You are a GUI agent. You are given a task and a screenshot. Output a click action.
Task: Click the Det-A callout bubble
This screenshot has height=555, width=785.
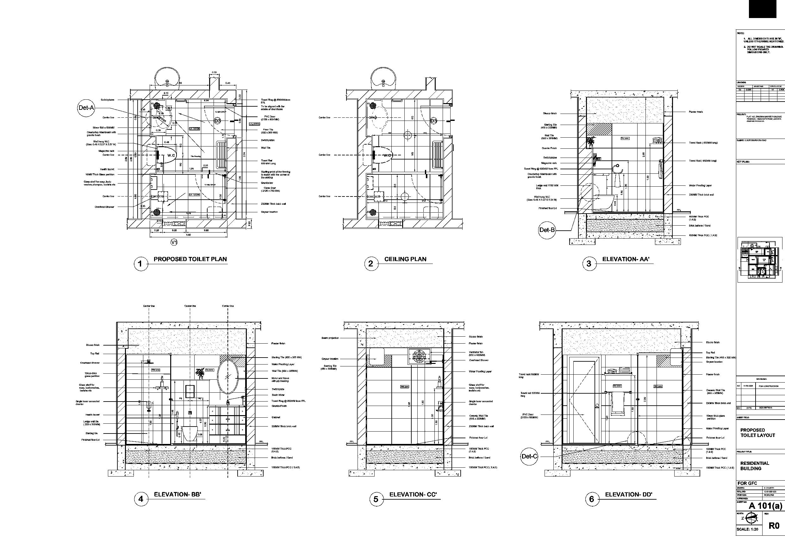(x=86, y=108)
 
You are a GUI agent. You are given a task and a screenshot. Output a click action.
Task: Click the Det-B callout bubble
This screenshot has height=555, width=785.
(x=547, y=230)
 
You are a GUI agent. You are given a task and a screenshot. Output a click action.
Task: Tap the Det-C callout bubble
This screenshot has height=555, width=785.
(x=529, y=456)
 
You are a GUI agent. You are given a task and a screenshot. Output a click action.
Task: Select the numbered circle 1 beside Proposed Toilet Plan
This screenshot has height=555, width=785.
(x=140, y=264)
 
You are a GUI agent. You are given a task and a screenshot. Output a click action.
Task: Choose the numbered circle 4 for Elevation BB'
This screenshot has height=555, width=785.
(x=141, y=499)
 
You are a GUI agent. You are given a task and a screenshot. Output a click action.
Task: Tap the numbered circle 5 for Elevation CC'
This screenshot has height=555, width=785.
(x=376, y=499)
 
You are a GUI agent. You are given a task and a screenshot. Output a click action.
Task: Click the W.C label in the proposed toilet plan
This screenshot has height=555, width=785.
(x=171, y=155)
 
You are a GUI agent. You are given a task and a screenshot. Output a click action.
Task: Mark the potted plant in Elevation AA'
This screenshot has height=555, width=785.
(x=590, y=141)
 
